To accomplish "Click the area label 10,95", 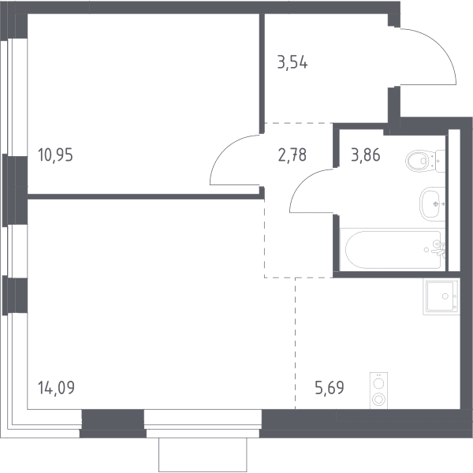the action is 55,155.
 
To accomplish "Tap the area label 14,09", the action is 56,388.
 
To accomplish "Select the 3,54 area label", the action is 292,63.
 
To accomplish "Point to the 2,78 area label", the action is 292,155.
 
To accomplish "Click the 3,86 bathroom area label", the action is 366,155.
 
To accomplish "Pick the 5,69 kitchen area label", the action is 330,388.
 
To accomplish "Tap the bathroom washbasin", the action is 432,204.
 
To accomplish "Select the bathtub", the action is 393,249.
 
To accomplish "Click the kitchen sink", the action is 441,297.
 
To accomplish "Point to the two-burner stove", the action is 378,391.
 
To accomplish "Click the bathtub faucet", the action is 439,248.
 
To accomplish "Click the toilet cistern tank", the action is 441,161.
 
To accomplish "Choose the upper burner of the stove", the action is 378,384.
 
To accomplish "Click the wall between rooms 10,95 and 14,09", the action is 146,196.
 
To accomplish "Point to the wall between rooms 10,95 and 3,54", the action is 263,73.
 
